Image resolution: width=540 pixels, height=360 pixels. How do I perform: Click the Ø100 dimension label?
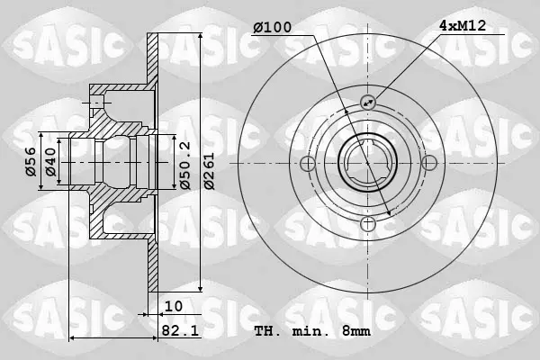coord(272,27)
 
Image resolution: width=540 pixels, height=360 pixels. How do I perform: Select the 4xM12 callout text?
coord(463,25)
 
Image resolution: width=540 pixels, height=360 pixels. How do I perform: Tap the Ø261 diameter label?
coord(209,171)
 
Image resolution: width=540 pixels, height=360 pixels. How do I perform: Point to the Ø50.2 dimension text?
coord(185,166)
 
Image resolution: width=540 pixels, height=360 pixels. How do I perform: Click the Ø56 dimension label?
coord(31,162)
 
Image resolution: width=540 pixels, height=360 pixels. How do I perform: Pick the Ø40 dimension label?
coord(50,162)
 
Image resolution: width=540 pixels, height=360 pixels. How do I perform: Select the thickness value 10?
coord(174,306)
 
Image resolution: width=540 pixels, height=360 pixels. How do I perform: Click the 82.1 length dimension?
coord(180,330)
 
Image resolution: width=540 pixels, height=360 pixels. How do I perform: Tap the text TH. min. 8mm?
coord(312,331)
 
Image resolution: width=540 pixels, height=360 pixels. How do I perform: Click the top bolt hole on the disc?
coord(368,102)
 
